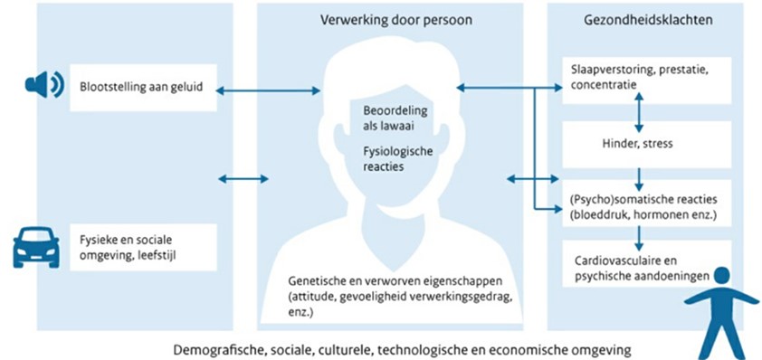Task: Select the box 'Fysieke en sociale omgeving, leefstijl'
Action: (142, 247)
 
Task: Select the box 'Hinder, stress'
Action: (639, 143)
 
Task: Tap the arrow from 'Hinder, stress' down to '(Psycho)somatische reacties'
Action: (640, 175)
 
